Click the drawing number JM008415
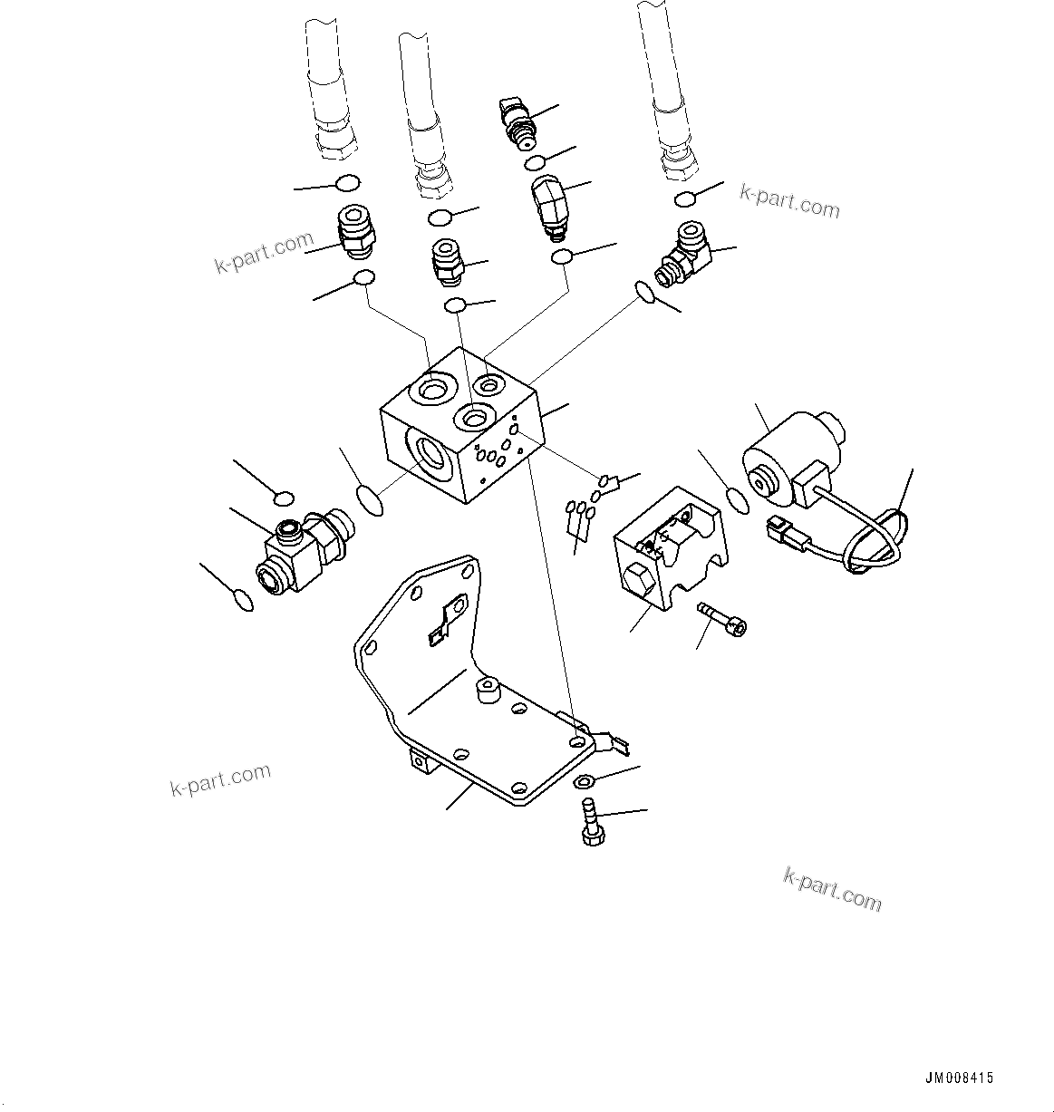[x=959, y=1078]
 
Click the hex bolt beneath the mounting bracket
[x=592, y=824]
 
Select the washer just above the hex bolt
[x=585, y=782]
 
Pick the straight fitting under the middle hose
[x=446, y=258]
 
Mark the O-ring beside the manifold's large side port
[x=370, y=498]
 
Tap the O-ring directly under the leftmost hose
[x=347, y=184]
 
